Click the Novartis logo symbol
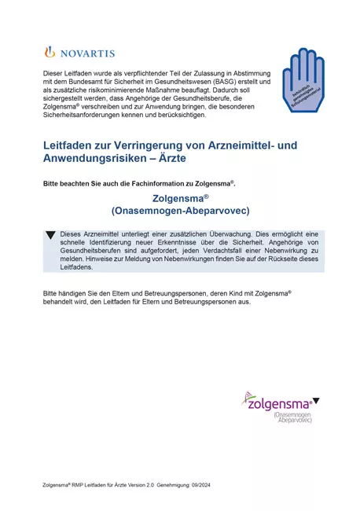(x=50, y=53)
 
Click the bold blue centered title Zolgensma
(x=180, y=200)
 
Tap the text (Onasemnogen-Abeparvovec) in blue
(x=180, y=213)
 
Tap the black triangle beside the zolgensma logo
(x=316, y=402)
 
